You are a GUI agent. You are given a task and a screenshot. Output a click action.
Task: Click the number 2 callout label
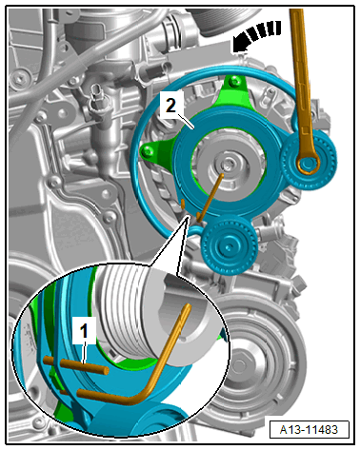170,105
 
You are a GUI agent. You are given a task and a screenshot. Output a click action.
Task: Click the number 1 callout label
84,332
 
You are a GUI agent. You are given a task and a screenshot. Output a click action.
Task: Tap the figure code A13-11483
309,430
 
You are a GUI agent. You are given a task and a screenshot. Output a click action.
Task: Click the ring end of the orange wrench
308,163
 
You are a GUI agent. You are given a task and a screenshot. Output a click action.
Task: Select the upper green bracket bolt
234,82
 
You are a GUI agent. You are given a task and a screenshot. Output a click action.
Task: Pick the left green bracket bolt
147,152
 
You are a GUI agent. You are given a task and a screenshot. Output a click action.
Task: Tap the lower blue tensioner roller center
229,245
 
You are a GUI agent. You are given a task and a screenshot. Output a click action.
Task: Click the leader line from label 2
187,123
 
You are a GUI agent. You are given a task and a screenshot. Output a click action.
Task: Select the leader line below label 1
85,353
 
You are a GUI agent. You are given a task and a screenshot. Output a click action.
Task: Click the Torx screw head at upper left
20,77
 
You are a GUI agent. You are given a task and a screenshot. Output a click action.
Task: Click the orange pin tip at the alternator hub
222,175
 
